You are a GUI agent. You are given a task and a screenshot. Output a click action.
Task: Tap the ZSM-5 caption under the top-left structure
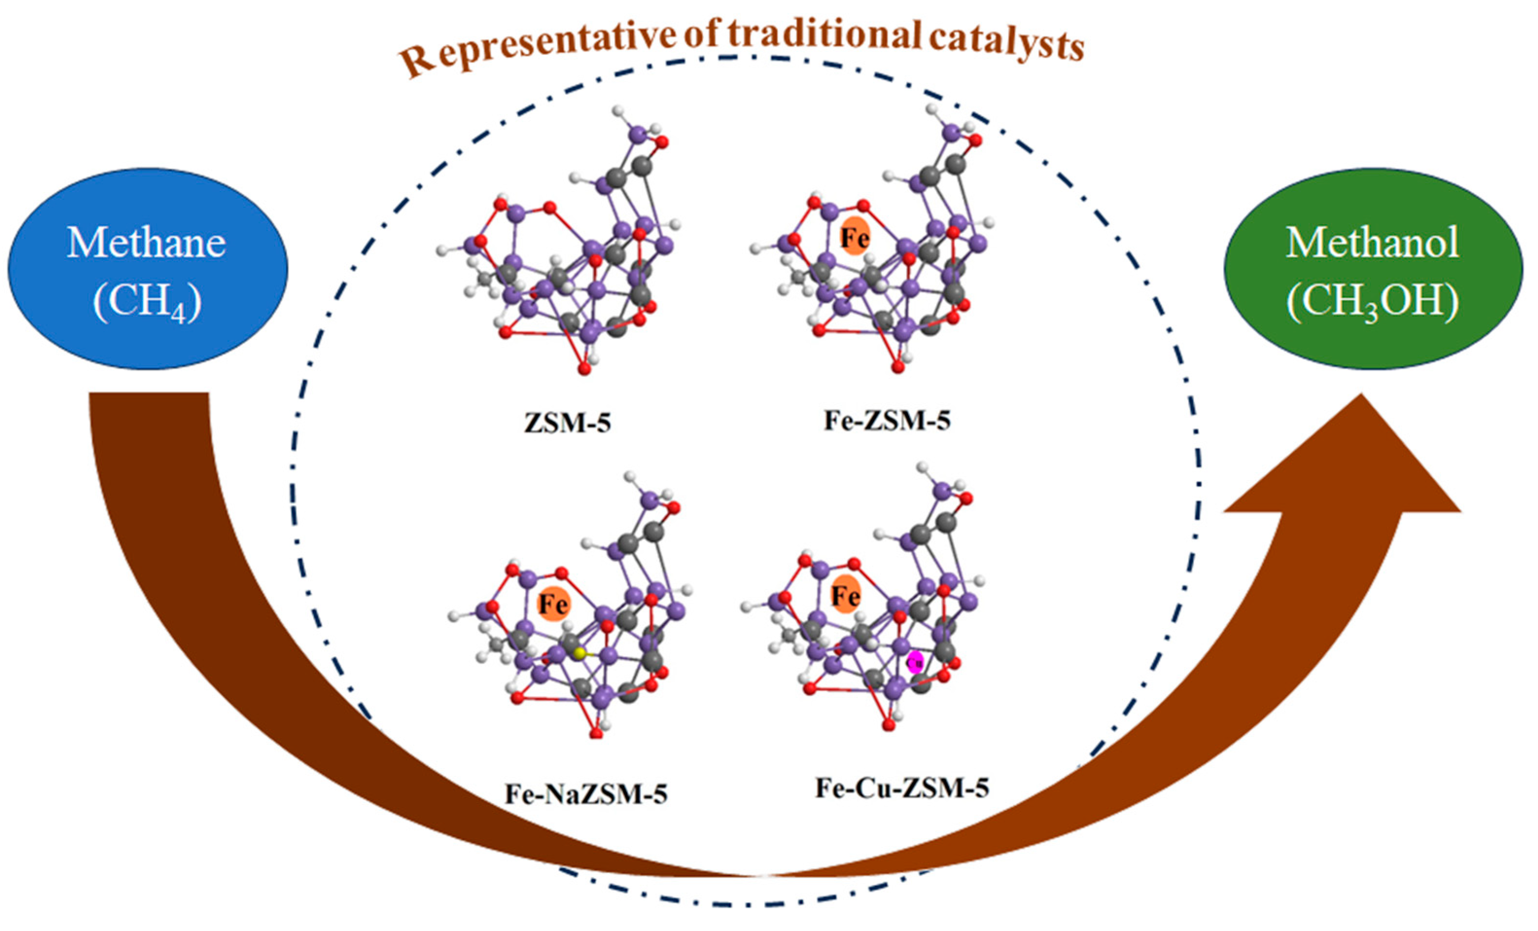(567, 423)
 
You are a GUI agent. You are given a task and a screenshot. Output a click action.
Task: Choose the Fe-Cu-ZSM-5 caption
(902, 788)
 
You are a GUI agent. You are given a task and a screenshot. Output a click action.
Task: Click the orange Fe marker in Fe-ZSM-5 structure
(855, 236)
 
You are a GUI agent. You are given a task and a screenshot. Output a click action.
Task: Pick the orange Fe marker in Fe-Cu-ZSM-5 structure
(845, 594)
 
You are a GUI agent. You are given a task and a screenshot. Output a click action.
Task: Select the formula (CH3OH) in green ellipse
(1373, 302)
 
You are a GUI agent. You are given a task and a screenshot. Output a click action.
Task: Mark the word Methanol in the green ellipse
(1373, 242)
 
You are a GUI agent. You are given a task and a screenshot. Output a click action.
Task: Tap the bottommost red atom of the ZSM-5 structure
(584, 370)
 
